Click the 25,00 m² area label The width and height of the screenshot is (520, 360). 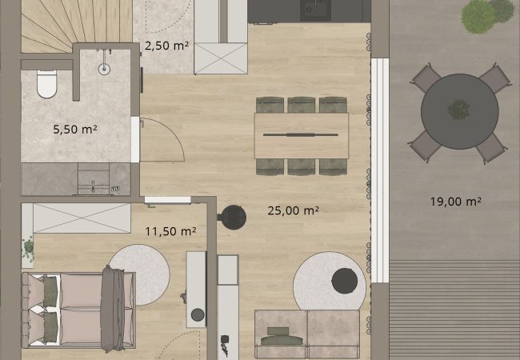293,210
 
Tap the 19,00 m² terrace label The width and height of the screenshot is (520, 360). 456,202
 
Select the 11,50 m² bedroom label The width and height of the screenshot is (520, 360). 170,231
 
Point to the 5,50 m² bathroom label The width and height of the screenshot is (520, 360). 75,129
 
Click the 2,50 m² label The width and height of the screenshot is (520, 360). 166,46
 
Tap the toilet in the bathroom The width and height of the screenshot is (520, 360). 46,84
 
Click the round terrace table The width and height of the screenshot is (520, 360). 460,111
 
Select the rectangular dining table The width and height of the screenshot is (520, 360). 302,135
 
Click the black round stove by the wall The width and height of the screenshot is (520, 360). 233,218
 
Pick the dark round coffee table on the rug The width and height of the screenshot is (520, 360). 345,281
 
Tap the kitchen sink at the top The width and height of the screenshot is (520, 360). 315,10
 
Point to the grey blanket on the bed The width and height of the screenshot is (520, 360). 113,308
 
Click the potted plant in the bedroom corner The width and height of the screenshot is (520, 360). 29,249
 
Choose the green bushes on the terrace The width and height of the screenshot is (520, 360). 487,14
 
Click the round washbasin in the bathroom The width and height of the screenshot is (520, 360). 104,69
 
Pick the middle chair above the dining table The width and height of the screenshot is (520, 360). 301,105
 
